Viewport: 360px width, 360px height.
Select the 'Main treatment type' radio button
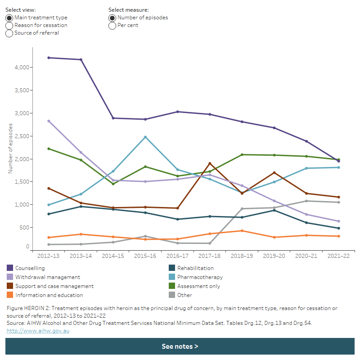pyautogui.click(x=9, y=18)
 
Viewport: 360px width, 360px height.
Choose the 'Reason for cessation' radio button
pyautogui.click(x=9, y=25)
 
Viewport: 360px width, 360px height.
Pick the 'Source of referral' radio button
pyautogui.click(x=9, y=33)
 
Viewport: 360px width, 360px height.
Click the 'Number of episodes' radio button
pyautogui.click(x=112, y=18)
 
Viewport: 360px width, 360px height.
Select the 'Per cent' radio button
pyautogui.click(x=112, y=25)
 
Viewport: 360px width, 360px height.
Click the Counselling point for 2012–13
pyautogui.click(x=48, y=58)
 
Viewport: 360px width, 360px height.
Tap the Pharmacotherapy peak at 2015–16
pyautogui.click(x=145, y=137)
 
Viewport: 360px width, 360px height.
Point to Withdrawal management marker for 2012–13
pyautogui.click(x=48, y=121)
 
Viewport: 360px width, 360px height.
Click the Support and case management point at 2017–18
pyautogui.click(x=210, y=163)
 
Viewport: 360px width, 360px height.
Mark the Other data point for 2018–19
pyautogui.click(x=242, y=209)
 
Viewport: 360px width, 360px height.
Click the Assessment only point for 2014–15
pyautogui.click(x=113, y=184)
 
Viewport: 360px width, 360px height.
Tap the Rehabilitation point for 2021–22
pyautogui.click(x=339, y=228)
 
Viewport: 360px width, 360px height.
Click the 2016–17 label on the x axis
pyautogui.click(x=177, y=256)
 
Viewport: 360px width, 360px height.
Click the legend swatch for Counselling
pyautogui.click(x=10, y=268)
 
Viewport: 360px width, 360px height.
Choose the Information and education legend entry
pyautogui.click(x=48, y=295)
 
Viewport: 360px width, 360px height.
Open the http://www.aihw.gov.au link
pyautogui.click(x=38, y=331)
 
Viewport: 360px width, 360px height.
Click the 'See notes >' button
pyautogui.click(x=180, y=346)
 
